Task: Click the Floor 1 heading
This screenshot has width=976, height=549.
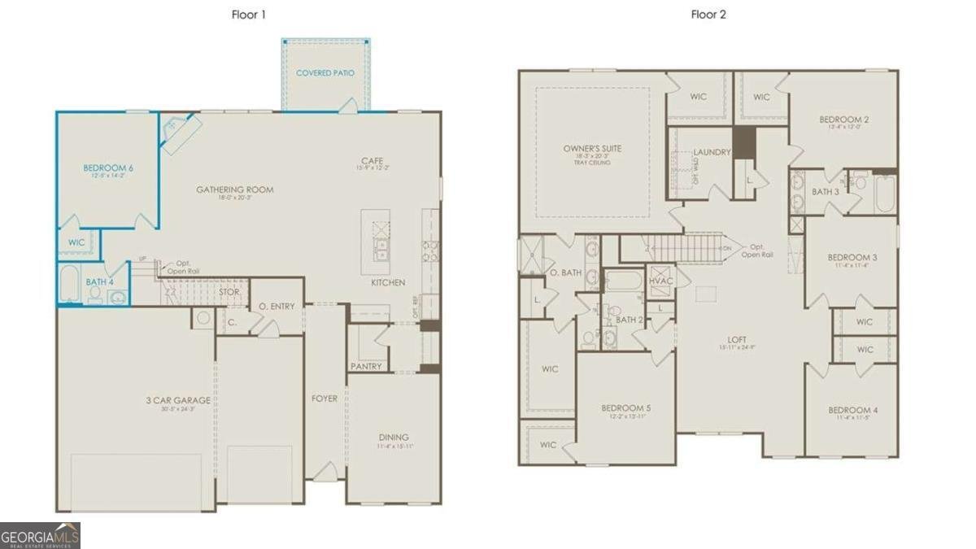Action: click(x=249, y=15)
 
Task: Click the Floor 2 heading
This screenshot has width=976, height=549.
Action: click(x=708, y=15)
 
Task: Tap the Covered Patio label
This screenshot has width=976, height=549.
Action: click(x=325, y=73)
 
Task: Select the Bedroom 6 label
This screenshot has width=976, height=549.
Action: click(x=108, y=168)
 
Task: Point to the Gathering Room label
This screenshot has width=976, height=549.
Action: click(x=234, y=190)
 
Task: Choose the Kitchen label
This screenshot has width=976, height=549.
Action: click(x=388, y=282)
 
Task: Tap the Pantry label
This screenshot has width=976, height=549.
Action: click(x=366, y=366)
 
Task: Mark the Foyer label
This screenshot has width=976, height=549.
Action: click(x=324, y=399)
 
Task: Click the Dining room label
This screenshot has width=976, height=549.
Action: click(x=393, y=437)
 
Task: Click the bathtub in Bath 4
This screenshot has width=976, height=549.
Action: click(x=70, y=284)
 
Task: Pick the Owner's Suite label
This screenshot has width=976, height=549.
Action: click(x=592, y=149)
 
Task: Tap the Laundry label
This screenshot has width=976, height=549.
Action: click(x=712, y=152)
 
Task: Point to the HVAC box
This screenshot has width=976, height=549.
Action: click(x=660, y=281)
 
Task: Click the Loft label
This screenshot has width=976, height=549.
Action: click(x=738, y=340)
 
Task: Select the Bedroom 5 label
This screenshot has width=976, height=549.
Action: click(x=625, y=407)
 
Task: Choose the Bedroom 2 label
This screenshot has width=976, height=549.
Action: click(x=843, y=120)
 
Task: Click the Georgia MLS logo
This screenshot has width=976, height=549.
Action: click(x=41, y=535)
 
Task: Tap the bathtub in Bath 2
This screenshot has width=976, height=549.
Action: click(x=625, y=282)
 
